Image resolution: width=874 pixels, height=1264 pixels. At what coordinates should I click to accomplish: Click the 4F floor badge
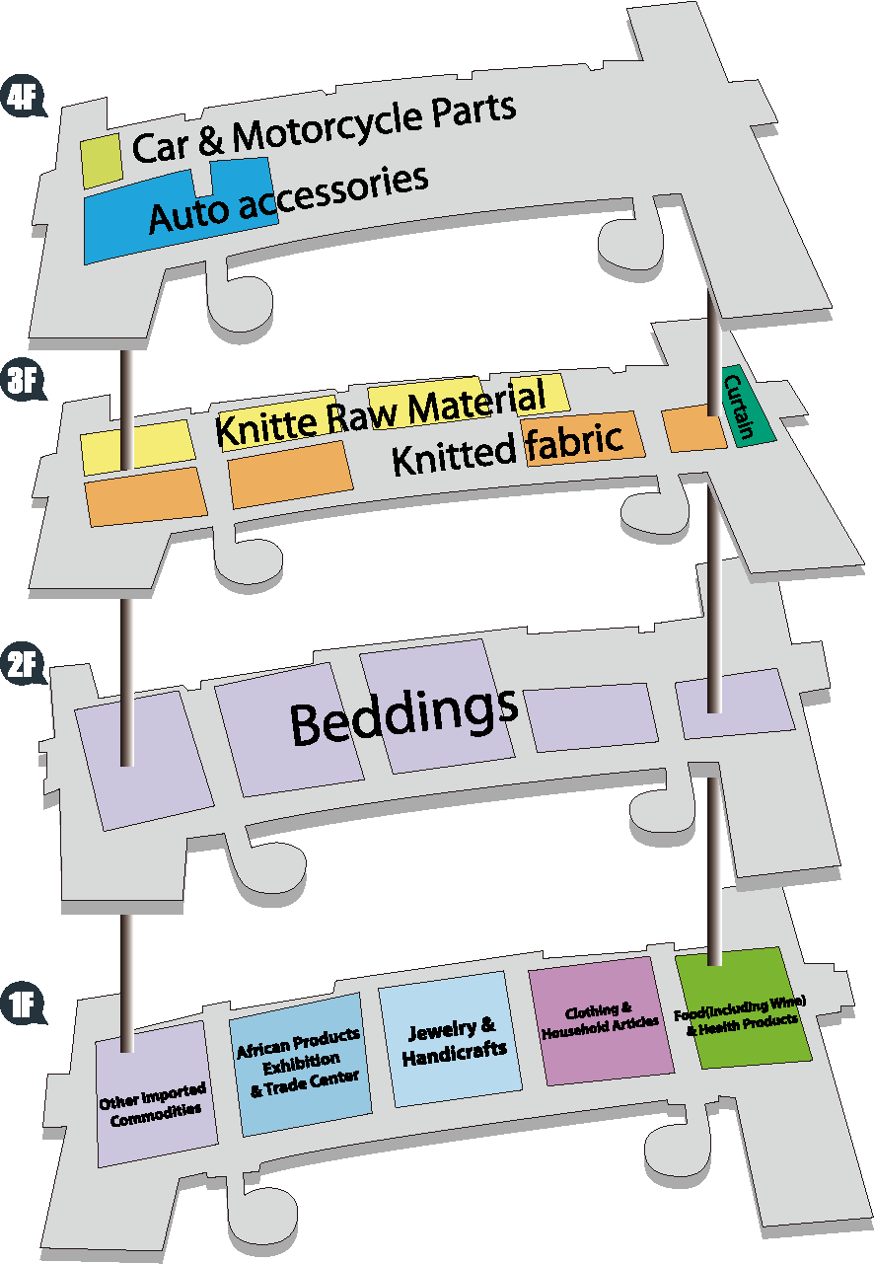(24, 96)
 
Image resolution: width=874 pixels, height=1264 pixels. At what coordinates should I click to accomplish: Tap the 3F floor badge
(24, 379)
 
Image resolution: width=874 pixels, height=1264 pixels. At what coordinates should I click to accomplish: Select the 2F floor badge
(24, 663)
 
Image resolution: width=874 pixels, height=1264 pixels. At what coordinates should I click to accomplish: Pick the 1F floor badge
(24, 1003)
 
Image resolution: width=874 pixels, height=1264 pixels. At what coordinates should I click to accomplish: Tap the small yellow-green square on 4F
(102, 160)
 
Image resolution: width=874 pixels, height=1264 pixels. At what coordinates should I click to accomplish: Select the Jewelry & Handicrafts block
(450, 1039)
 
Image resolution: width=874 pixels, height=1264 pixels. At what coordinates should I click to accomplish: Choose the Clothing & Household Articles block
(602, 1021)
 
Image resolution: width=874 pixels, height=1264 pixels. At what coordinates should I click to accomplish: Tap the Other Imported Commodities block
(156, 1093)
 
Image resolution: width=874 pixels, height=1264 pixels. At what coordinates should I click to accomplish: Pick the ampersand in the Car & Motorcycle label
(211, 142)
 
